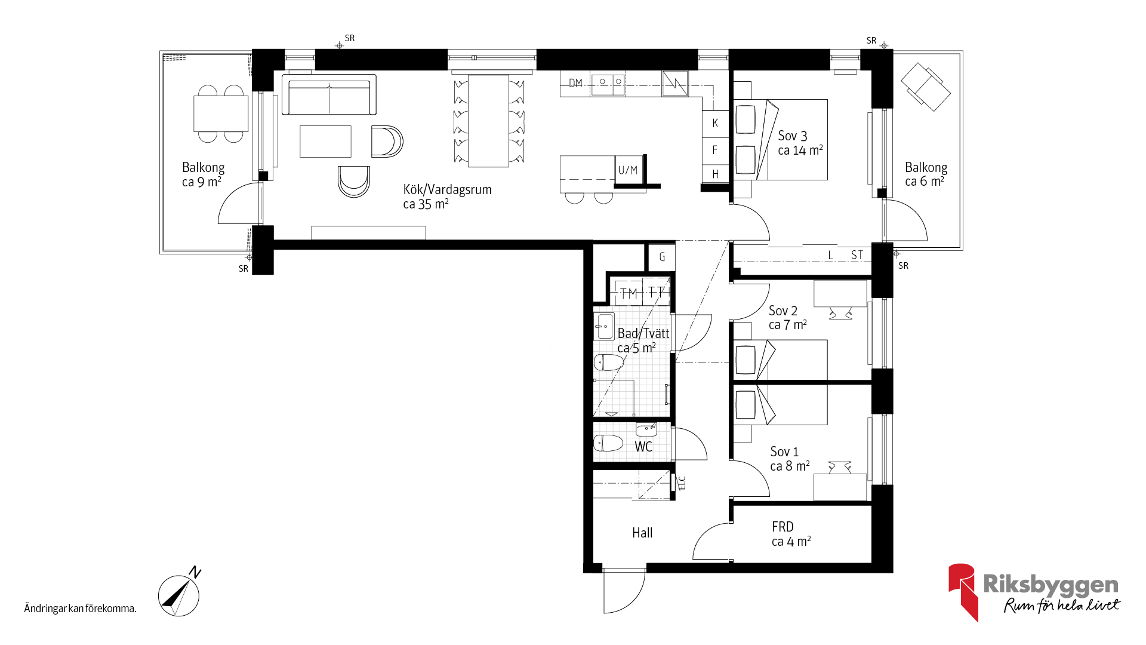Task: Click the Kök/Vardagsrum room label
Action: point(448,190)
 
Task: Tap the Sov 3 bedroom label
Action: point(793,136)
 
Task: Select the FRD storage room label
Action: point(783,527)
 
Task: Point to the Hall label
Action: point(642,533)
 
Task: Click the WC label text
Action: point(643,447)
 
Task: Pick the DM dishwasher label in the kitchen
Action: point(575,83)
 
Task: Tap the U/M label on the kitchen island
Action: point(628,170)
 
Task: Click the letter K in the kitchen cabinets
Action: point(715,124)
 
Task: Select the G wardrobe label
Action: point(662,257)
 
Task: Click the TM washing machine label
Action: point(629,293)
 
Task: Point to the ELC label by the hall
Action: point(682,483)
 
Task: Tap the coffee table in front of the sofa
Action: point(325,141)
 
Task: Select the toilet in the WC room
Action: point(608,443)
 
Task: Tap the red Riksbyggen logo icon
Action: point(963,591)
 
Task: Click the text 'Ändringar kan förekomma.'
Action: point(81,609)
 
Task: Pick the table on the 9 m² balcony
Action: point(221,113)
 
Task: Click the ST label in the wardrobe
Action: point(857,255)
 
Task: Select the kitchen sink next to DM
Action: point(608,84)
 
